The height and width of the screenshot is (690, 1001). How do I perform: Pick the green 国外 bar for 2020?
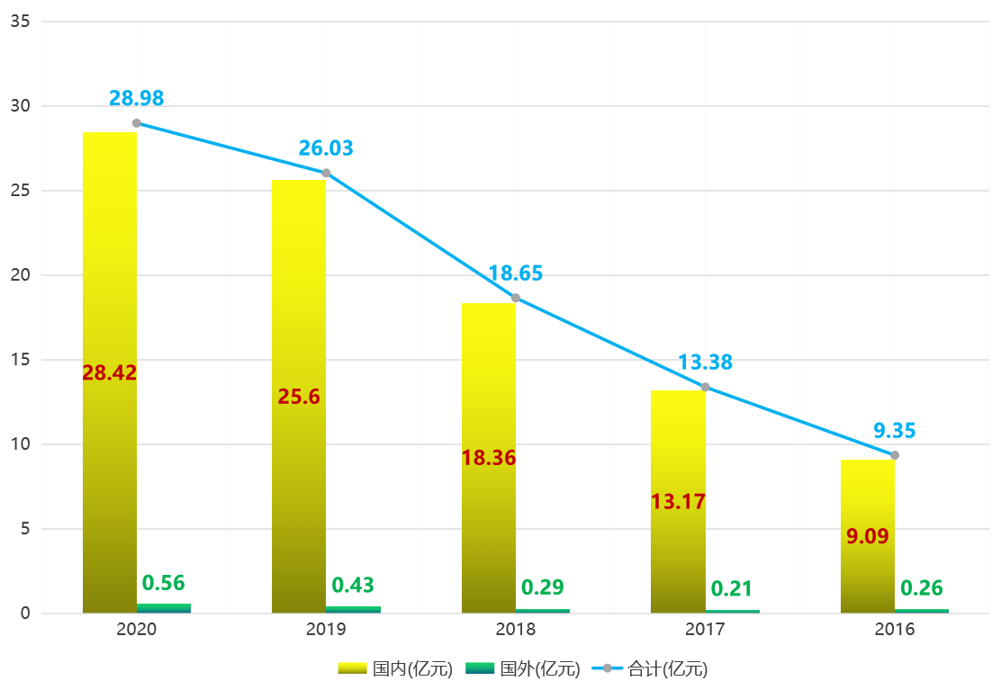(x=164, y=608)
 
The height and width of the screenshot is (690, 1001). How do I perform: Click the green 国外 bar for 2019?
(x=353, y=609)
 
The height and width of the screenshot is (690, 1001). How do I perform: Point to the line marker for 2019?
(x=326, y=173)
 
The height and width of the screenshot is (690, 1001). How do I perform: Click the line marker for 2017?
(x=705, y=387)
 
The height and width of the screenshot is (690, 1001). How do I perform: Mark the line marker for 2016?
(x=894, y=455)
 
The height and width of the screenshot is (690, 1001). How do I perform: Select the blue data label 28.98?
(x=137, y=99)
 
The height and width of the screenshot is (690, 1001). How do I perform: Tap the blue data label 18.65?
(x=516, y=273)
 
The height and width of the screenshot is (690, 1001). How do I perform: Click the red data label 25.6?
(x=299, y=397)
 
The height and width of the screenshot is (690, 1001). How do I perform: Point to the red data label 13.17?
(x=678, y=502)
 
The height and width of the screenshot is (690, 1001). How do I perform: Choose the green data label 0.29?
(x=543, y=587)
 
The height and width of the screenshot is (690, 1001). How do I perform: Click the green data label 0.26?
(x=922, y=588)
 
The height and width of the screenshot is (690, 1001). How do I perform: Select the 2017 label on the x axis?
(x=705, y=630)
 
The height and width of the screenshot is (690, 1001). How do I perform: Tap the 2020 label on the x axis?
(x=137, y=630)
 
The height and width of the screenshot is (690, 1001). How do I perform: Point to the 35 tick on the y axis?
(x=21, y=22)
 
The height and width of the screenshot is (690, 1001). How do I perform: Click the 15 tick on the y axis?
(x=21, y=360)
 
